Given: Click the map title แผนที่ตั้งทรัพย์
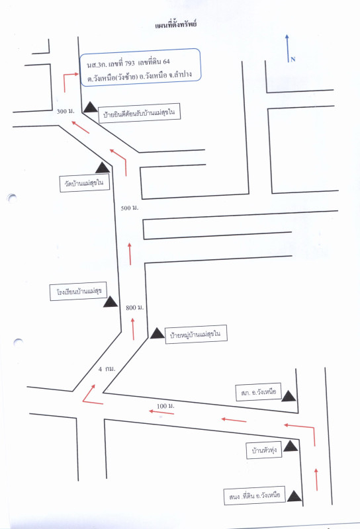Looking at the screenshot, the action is point(176,24).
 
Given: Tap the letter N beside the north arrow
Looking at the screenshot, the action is point(292,60).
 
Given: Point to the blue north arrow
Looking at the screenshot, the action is point(287,48).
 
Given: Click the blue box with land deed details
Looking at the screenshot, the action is point(140,67).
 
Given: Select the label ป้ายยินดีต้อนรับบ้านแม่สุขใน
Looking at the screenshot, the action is point(139,113).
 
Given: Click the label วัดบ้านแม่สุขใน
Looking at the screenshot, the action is point(85,183).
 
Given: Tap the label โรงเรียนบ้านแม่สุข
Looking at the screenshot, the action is point(78,291).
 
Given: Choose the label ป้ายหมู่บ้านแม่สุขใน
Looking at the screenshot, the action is point(196,335).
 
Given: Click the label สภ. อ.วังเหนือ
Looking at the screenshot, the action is point(259,392).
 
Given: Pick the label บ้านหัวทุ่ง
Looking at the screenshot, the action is point(264,450).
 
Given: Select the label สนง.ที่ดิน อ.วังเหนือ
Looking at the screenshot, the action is point(255,495).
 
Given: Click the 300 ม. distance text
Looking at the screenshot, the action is point(66,111).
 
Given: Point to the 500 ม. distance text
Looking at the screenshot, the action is point(130,208).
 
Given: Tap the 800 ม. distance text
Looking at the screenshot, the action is point(135,307).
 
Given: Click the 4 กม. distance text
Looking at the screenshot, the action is point(107,369).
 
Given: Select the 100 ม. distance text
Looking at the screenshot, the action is point(165,406).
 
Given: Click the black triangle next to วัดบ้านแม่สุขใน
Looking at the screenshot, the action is point(103,167).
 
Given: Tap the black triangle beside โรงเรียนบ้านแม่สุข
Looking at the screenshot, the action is point(111,302).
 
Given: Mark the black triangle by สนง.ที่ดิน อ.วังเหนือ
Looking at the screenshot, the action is point(294,496).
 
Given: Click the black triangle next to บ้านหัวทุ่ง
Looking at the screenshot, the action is point(291,446).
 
